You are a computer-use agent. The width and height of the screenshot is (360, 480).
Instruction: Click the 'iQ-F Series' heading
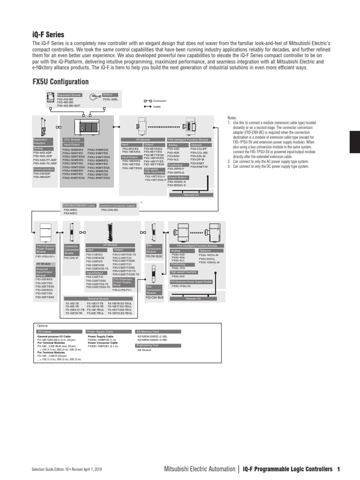pyautogui.click(x=48, y=34)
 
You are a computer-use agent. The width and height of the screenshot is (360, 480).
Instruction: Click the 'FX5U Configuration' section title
pyautogui.click(x=60, y=82)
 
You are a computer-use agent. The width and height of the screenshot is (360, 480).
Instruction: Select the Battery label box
pyautogui.click(x=108, y=95)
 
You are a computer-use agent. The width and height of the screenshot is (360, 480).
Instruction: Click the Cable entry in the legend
pyautogui.click(x=157, y=106)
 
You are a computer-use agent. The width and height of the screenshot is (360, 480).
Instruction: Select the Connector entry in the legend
pyautogui.click(x=159, y=101)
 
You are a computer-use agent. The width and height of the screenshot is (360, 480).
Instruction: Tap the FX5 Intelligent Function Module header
pyautogui.click(x=188, y=140)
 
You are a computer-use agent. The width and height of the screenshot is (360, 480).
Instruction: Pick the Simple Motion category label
pyautogui.click(x=177, y=178)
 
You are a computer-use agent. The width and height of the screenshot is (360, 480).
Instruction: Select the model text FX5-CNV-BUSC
pyautogui.click(x=154, y=256)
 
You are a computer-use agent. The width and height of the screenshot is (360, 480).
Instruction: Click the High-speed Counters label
pyautogui.click(x=183, y=272)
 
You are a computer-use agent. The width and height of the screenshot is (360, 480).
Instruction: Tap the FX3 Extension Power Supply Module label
pyautogui.click(x=191, y=281)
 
